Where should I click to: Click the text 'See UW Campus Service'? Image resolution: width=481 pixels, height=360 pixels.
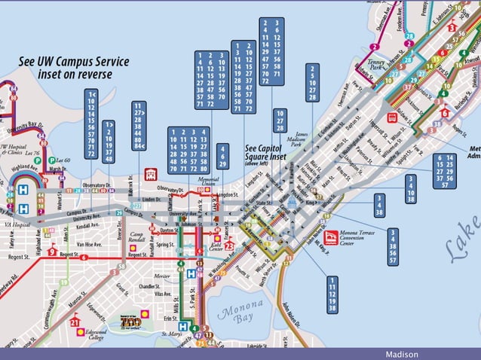[x=74, y=62]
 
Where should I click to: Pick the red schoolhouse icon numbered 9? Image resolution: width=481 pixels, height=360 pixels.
[x=52, y=251]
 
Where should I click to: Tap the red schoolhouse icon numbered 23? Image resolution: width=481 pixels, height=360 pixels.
[x=229, y=245]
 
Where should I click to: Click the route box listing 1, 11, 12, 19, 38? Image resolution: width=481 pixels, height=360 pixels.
[x=332, y=294]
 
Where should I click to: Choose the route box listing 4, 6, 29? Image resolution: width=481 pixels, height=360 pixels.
[x=223, y=155]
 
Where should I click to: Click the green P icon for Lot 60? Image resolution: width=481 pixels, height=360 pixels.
[x=51, y=160]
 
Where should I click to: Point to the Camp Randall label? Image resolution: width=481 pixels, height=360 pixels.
[x=136, y=239]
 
